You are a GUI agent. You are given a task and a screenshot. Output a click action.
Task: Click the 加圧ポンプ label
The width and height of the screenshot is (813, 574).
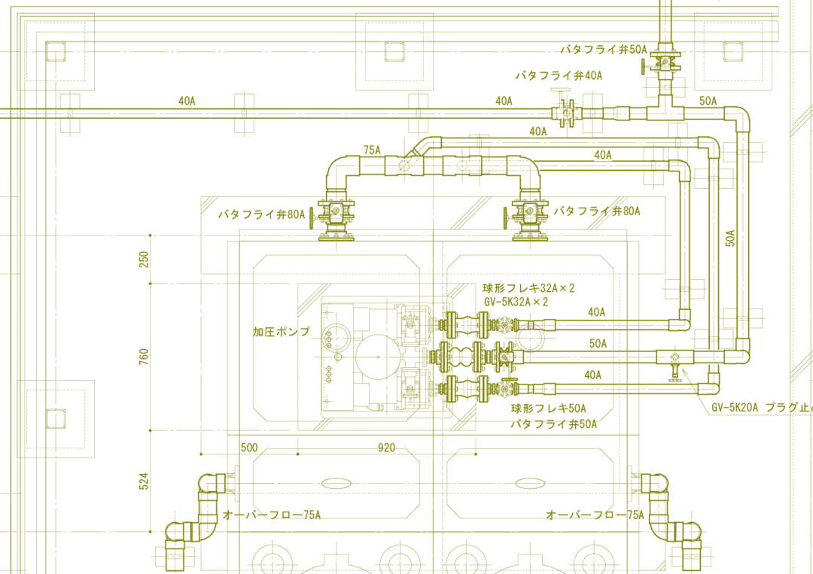tap(281, 332)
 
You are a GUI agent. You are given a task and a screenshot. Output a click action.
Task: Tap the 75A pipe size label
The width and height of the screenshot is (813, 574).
tap(372, 150)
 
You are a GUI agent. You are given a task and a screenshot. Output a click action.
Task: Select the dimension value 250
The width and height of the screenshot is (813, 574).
tap(144, 259)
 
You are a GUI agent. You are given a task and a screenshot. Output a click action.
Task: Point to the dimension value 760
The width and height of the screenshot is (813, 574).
tap(144, 357)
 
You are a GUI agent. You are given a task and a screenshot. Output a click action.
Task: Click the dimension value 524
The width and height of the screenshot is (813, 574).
tap(144, 481)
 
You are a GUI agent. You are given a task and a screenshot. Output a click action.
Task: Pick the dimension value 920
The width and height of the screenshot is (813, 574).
tap(386, 448)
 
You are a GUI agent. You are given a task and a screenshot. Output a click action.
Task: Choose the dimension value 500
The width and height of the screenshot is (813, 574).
tap(249, 448)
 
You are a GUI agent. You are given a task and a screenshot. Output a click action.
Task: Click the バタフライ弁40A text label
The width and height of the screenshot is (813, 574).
tap(559, 76)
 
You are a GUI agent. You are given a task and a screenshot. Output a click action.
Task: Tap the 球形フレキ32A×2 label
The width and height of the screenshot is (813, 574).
tap(528, 288)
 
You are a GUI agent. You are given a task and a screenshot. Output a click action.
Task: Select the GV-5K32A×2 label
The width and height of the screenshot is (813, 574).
tap(516, 302)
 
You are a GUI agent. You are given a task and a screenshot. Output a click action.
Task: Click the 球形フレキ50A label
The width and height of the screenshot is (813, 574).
tap(549, 408)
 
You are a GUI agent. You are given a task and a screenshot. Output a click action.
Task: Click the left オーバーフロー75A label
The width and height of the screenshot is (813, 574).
tap(271, 515)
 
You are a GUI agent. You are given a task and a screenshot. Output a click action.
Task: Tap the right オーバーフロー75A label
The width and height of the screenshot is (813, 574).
tap(595, 515)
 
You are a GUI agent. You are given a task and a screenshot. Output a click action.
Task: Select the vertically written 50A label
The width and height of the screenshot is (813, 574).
tap(730, 238)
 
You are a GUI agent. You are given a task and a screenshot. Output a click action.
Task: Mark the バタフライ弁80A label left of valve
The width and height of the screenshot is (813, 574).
tap(261, 214)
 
